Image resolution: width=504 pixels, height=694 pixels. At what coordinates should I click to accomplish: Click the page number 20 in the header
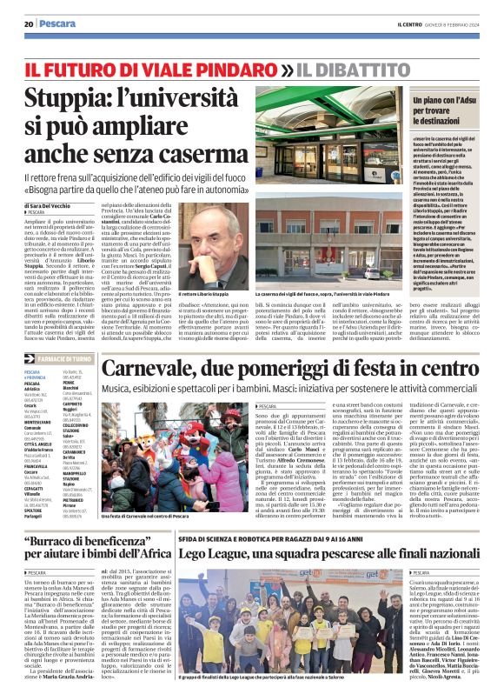29,23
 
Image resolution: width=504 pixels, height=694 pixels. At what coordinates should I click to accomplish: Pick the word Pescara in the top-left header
57,23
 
